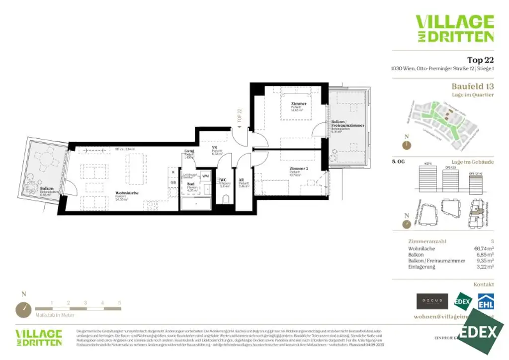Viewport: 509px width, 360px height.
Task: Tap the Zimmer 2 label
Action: click(299, 169)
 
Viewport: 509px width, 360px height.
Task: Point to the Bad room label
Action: click(190, 183)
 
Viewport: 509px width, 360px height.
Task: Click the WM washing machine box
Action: click(205, 176)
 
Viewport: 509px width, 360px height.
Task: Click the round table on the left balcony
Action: click(48, 160)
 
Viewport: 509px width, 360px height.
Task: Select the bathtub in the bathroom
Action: click(195, 204)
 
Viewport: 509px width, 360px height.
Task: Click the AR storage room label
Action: click(241, 180)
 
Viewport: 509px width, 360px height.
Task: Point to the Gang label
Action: click(189, 151)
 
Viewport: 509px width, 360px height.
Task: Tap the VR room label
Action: click(215, 148)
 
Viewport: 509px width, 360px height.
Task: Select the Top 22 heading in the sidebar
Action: click(480, 60)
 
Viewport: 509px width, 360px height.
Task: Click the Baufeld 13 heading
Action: click(472, 86)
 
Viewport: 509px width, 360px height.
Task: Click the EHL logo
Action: click(486, 301)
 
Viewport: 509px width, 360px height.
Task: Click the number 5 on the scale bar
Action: click(120, 302)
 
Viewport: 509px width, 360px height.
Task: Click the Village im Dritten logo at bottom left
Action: click(39, 337)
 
